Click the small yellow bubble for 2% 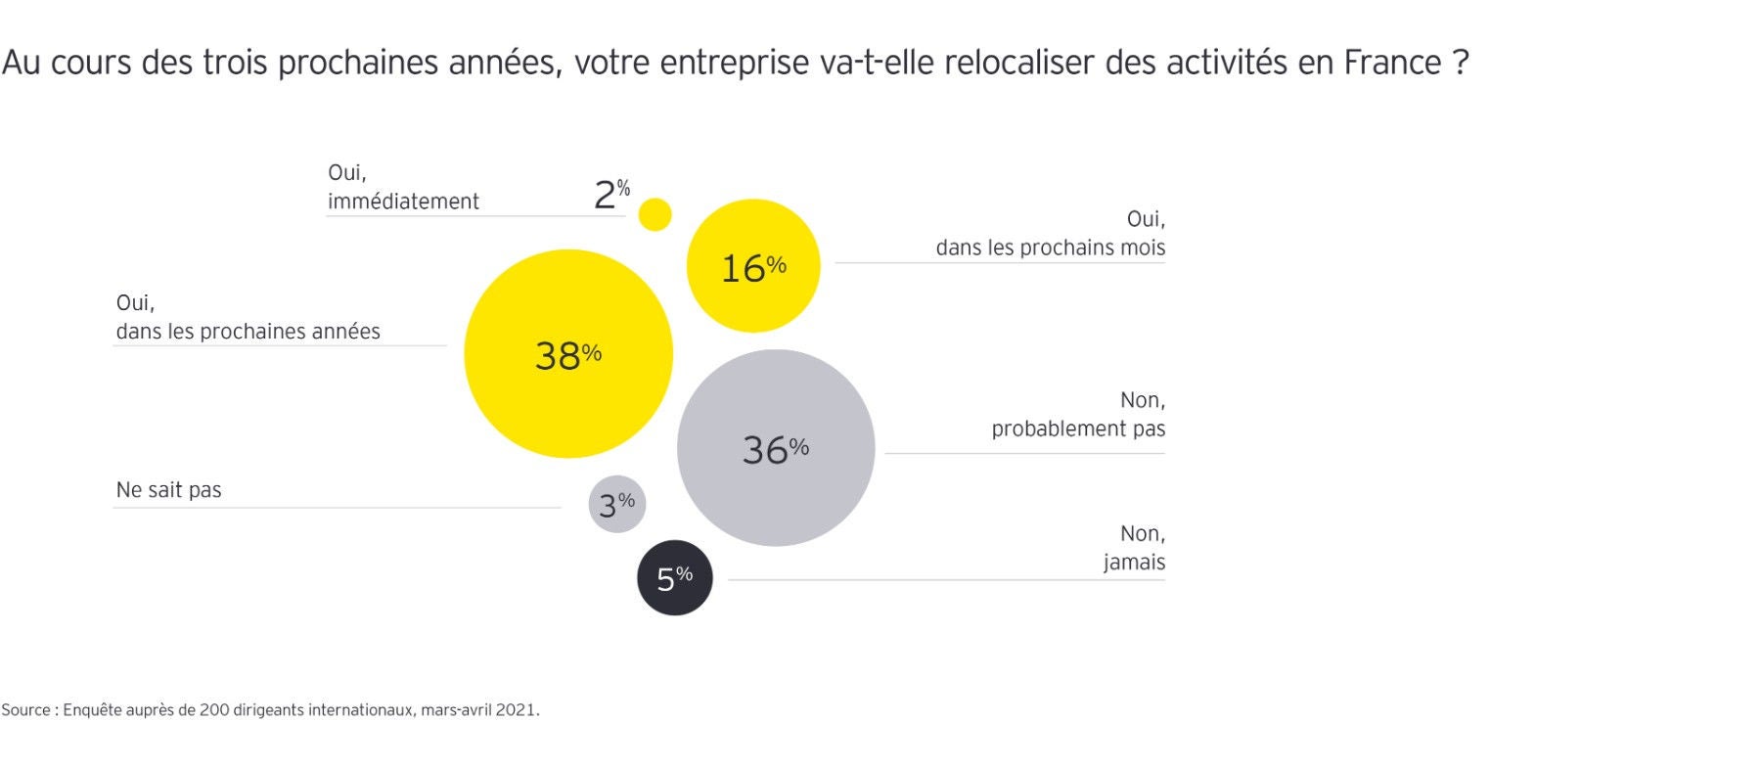pyautogui.click(x=655, y=214)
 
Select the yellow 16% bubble pyautogui.click(x=753, y=266)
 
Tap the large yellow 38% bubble pyautogui.click(x=568, y=354)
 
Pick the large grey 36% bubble pyautogui.click(x=776, y=448)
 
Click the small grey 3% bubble pyautogui.click(x=617, y=505)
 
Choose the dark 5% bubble pyautogui.click(x=675, y=578)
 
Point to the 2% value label pyautogui.click(x=610, y=194)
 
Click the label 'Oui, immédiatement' pyautogui.click(x=403, y=187)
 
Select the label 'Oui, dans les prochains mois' pyautogui.click(x=1050, y=234)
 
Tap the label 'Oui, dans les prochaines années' pyautogui.click(x=248, y=318)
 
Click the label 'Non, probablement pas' pyautogui.click(x=1078, y=415)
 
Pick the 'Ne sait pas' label pyautogui.click(x=168, y=490)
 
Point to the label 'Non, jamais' pyautogui.click(x=1134, y=548)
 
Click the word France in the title pyautogui.click(x=1392, y=63)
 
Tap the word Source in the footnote pyautogui.click(x=25, y=710)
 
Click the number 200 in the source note pyautogui.click(x=213, y=710)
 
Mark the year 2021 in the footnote pyautogui.click(x=516, y=710)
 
